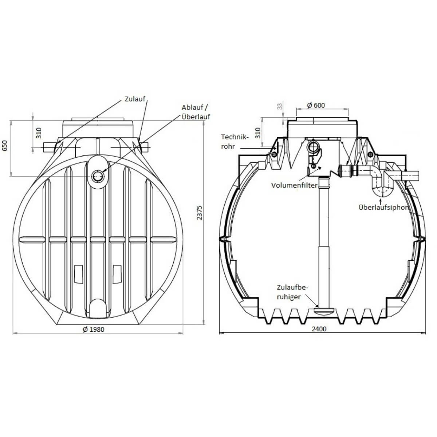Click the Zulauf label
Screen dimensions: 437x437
[135, 99]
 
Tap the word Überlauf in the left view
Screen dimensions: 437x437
[196, 117]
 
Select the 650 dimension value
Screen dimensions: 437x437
[5, 146]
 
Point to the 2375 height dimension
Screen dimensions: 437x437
[199, 213]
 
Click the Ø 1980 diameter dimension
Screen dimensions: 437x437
[94, 329]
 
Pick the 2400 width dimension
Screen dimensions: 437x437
[319, 329]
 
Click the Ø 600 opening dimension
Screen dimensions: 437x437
[316, 105]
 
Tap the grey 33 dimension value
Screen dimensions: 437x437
[280, 106]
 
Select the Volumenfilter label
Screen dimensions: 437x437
[294, 185]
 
